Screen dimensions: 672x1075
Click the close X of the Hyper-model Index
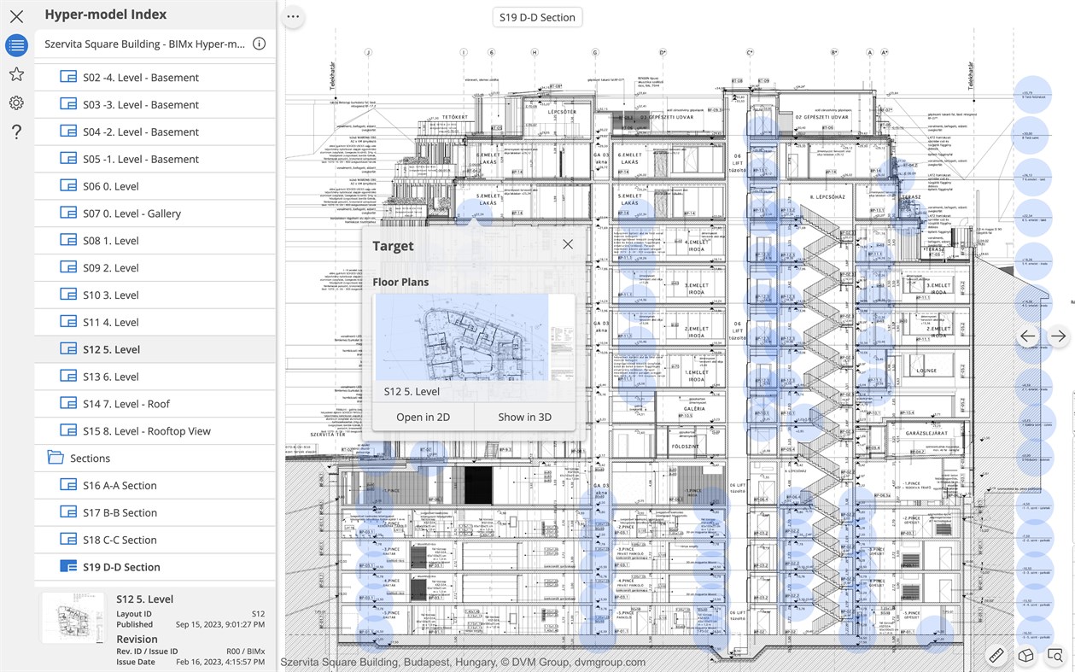16,16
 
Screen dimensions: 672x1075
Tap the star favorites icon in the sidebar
16,74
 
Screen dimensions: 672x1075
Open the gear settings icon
16,103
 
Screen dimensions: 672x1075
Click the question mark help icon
16,131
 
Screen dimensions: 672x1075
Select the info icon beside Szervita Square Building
260,44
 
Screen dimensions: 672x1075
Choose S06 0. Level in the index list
111,186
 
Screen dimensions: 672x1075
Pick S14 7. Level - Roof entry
126,404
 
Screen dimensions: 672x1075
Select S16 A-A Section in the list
120,485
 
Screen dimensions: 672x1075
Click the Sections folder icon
56,458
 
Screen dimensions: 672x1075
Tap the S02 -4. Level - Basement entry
141,78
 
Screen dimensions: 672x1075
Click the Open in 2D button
423,418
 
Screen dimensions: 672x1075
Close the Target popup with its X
568,245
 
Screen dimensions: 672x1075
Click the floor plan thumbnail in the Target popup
462,337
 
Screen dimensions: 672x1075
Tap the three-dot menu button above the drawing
294,17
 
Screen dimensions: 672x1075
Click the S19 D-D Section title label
537,17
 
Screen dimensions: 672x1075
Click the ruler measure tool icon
996,655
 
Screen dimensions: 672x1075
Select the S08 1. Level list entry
111,241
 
